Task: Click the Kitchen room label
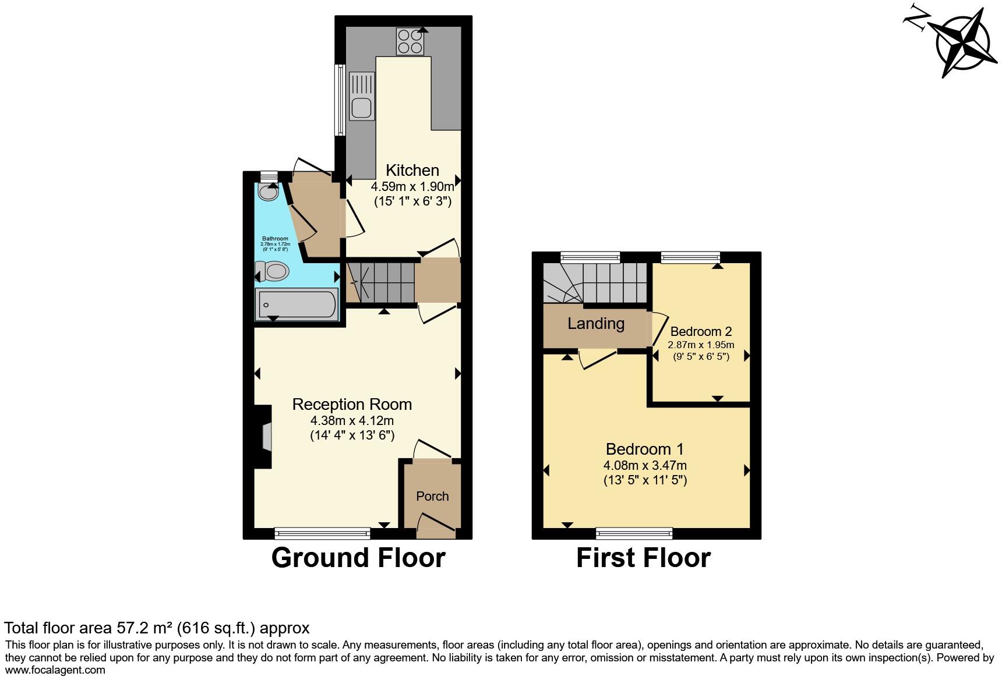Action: [412, 171]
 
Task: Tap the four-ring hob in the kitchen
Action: [410, 41]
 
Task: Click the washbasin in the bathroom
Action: [269, 192]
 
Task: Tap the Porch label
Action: [432, 496]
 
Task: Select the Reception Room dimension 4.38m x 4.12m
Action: [352, 420]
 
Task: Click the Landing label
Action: [596, 324]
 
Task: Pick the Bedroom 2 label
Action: [701, 332]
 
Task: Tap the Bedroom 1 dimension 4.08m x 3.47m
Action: [645, 465]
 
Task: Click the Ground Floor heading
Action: [358, 558]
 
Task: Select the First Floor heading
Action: [643, 558]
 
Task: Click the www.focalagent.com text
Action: [55, 670]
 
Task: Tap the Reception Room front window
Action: [322, 532]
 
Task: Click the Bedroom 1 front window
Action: [634, 532]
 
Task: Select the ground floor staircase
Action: [382, 283]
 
